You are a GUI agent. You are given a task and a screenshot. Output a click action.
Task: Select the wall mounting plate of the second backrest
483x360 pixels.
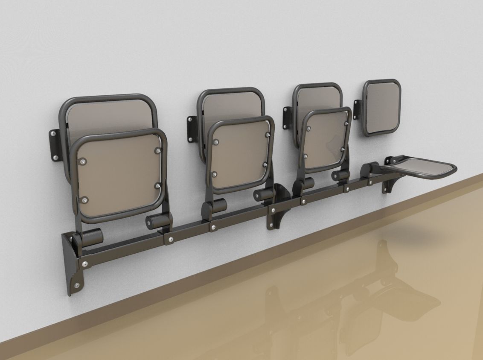(x=191, y=126)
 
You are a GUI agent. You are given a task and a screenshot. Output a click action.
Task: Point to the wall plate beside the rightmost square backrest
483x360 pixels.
(x=358, y=107)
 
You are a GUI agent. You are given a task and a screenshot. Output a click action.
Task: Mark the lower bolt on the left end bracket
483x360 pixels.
(x=77, y=285)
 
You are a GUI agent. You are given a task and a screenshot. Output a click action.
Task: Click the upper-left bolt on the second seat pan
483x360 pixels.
(x=217, y=141)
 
